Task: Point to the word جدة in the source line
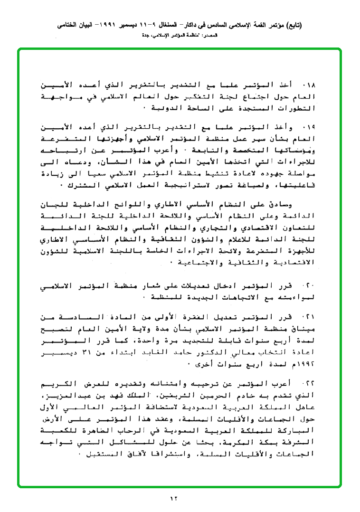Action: click(x=147, y=36)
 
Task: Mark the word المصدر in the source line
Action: click(x=209, y=36)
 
